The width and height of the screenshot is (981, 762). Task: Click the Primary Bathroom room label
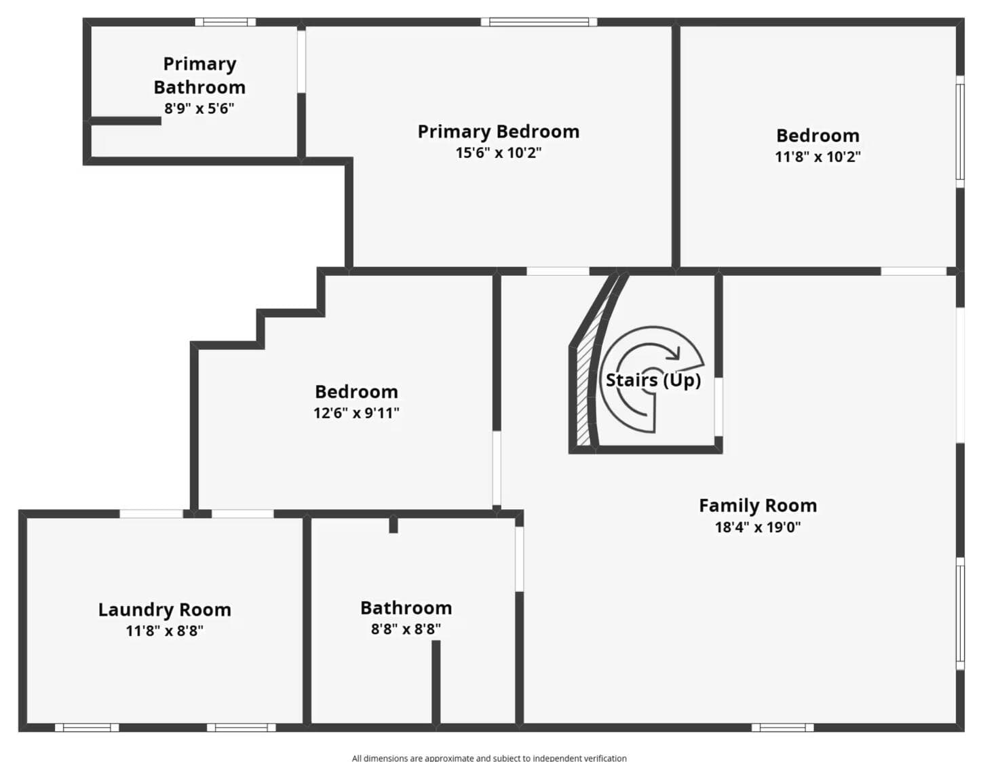coord(199,75)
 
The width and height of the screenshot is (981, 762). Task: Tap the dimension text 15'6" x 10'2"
coord(499,153)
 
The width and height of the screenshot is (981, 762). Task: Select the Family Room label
coord(758,505)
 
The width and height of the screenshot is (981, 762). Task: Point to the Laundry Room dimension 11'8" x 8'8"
coord(164,630)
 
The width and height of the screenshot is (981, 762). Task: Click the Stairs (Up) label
coord(653,380)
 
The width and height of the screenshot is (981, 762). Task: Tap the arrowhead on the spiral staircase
coord(674,353)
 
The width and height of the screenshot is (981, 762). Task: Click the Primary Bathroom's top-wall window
coord(225,22)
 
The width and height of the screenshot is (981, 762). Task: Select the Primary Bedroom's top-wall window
coord(539,22)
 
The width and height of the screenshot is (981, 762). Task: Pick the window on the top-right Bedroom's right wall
coord(960,132)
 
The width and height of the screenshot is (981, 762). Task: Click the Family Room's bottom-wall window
coord(782,727)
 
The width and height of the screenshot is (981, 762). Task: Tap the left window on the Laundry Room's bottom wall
coord(87,727)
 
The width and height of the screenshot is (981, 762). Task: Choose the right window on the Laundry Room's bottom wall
coord(241,727)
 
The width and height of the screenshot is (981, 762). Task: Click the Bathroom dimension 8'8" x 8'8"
coord(406,628)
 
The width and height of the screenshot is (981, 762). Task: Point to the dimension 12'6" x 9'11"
coord(356,413)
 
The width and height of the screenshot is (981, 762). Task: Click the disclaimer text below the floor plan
coord(489,757)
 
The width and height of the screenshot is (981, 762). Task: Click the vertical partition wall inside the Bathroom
coord(436,682)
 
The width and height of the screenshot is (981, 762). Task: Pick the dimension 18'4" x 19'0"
coord(758,527)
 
